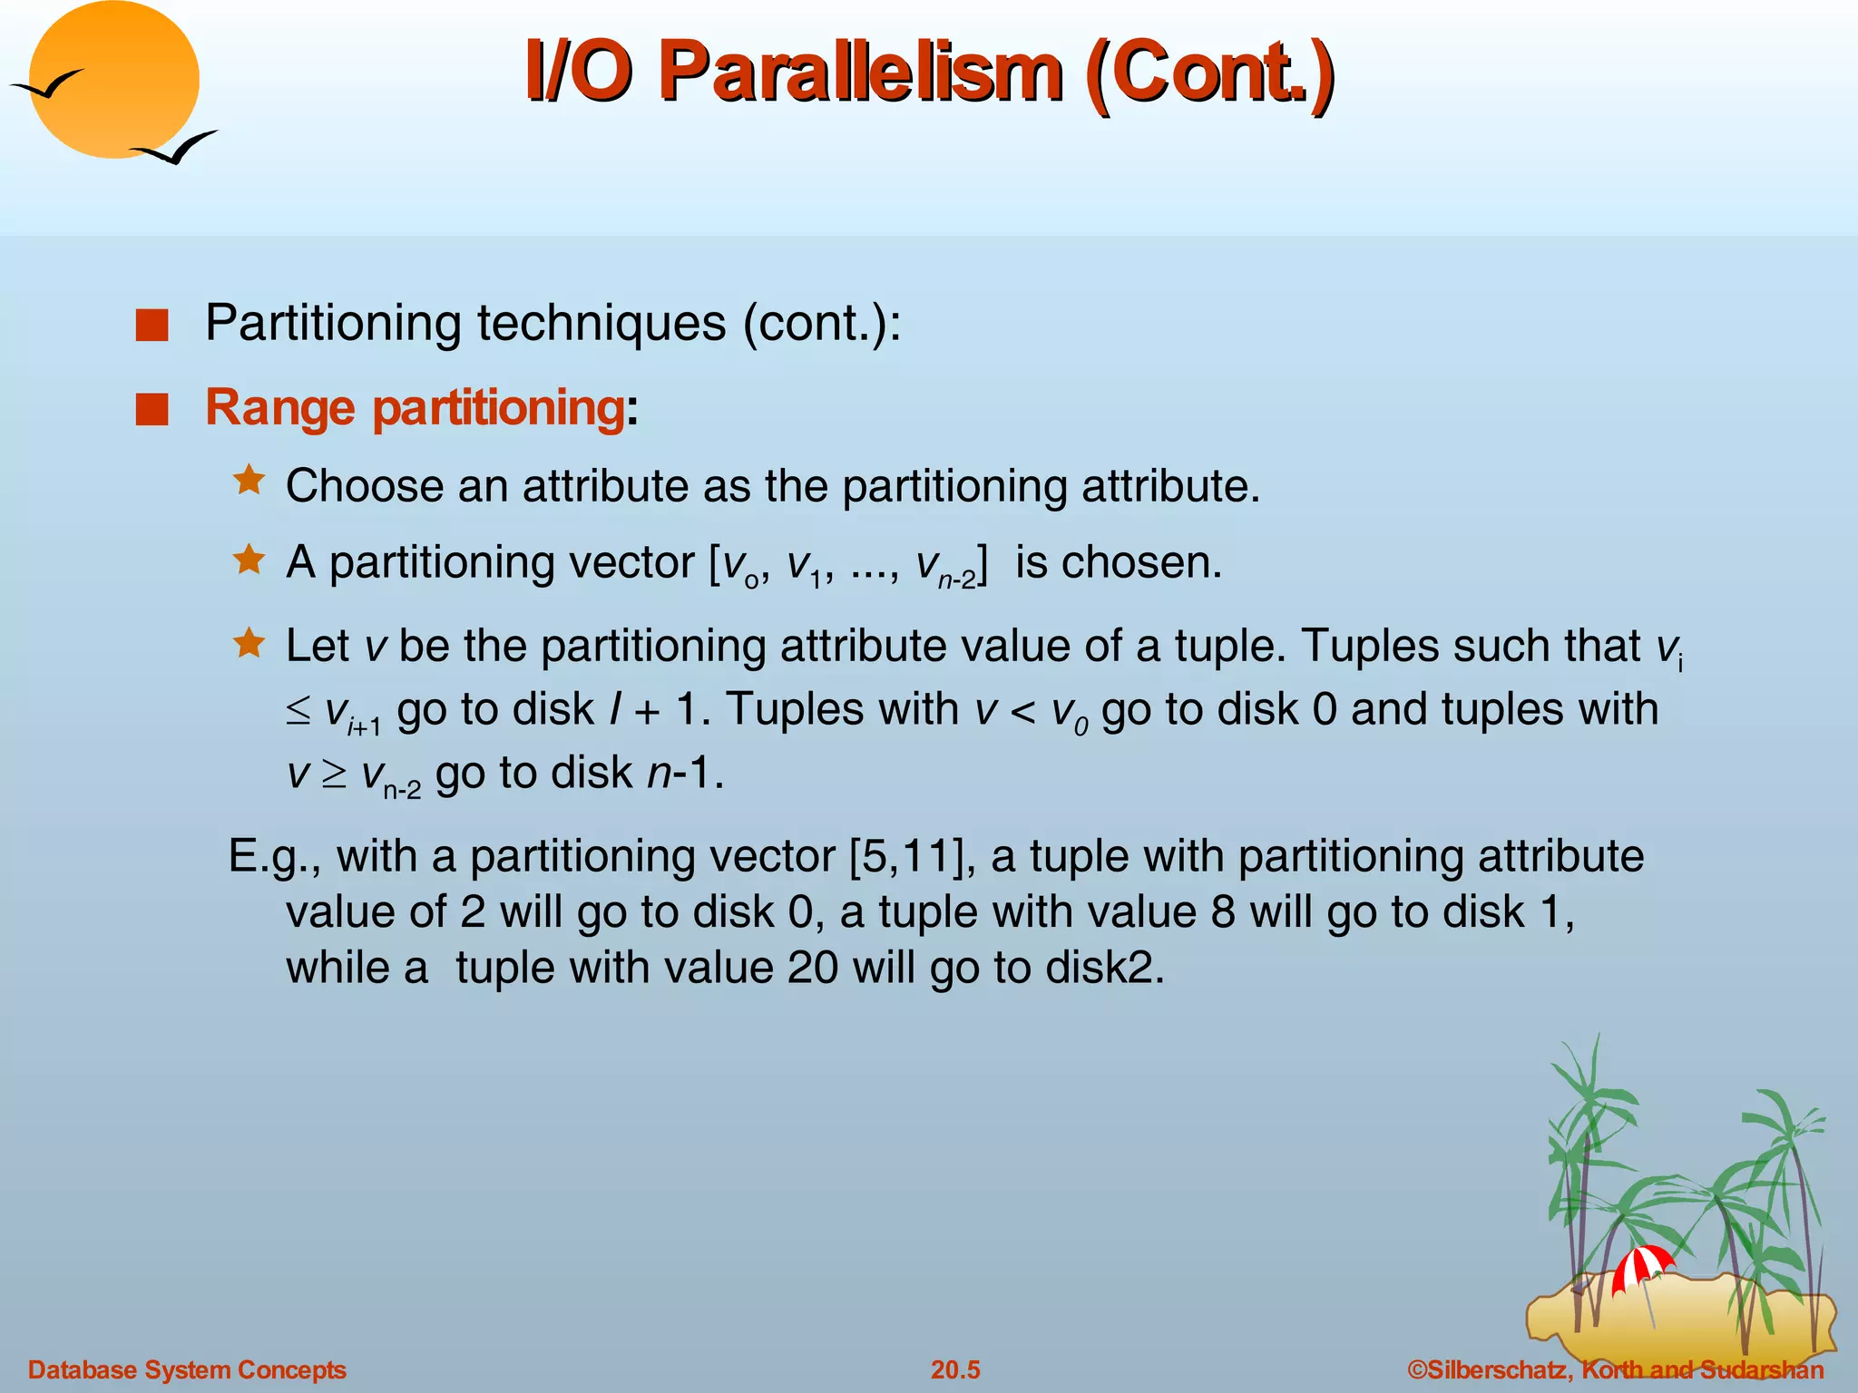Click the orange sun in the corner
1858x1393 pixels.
point(113,80)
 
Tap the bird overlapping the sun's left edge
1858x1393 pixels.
point(47,85)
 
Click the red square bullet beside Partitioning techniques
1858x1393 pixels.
point(152,326)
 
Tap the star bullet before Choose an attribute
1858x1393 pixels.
point(249,480)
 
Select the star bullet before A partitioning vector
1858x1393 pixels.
point(249,560)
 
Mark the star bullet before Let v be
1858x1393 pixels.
point(249,643)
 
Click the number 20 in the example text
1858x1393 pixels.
point(813,968)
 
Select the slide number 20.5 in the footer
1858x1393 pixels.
point(955,1369)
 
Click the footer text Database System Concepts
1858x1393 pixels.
point(187,1369)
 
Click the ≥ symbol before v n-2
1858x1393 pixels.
point(334,774)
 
